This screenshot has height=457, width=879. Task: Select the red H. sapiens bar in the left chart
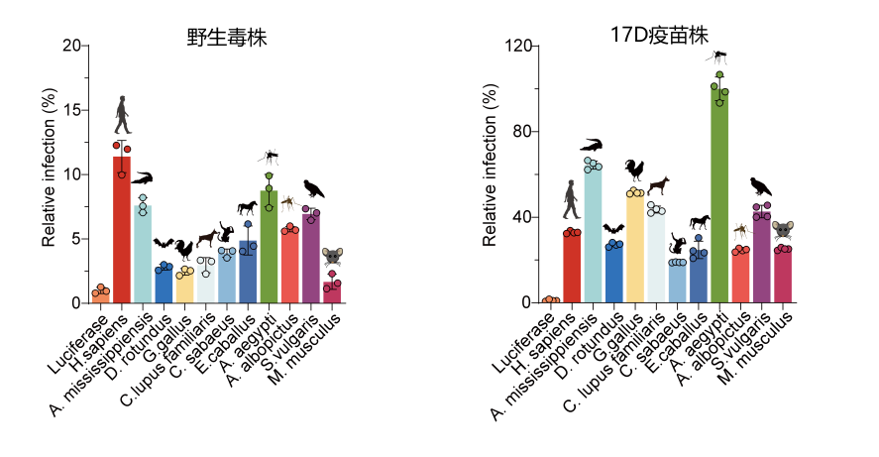(122, 233)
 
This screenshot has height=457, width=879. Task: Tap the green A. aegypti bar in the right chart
(719, 198)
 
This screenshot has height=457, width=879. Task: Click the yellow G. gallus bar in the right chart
(635, 248)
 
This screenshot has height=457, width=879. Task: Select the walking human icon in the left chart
(122, 115)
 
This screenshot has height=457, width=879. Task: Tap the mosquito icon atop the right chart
(719, 57)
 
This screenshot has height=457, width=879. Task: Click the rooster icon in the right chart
(634, 170)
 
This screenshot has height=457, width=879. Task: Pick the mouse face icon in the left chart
(332, 257)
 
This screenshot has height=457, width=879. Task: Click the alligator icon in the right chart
(593, 145)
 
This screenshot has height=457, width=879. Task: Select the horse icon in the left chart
(247, 208)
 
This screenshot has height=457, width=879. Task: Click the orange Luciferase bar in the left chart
(101, 295)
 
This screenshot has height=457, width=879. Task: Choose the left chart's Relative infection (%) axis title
(49, 168)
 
